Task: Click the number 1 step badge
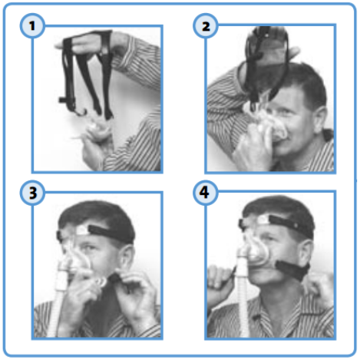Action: pos(32,26)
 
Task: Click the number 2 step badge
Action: pos(206,26)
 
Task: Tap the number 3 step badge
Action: pos(32,193)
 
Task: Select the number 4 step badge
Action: pos(206,193)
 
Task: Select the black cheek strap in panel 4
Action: pos(292,270)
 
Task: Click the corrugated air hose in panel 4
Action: pos(243,294)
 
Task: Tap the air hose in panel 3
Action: pos(58,302)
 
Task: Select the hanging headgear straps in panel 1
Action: pos(87,74)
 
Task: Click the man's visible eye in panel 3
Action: pos(88,248)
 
